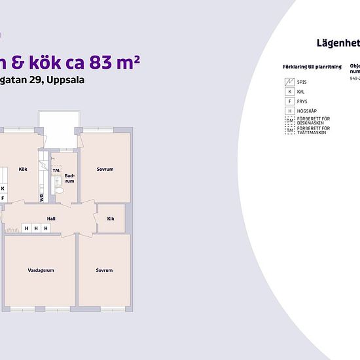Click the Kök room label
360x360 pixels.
coord(23,170)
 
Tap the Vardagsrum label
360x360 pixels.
coord(40,270)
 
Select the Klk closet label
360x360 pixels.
coord(111,219)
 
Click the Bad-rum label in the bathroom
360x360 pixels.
coord(69,178)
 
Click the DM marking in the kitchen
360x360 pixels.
coord(41,197)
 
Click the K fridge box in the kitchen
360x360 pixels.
coord(3,188)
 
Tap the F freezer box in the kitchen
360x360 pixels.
coord(3,197)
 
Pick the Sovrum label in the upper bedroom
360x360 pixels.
coord(105,170)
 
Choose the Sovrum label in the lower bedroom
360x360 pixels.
coord(104,270)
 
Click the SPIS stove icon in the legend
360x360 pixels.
coord(289,82)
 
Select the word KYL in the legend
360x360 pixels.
coord(301,92)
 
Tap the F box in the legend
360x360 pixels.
coord(289,101)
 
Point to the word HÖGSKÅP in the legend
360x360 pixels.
coord(306,112)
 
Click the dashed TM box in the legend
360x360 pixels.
coord(289,131)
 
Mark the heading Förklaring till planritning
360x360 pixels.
coord(311,67)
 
